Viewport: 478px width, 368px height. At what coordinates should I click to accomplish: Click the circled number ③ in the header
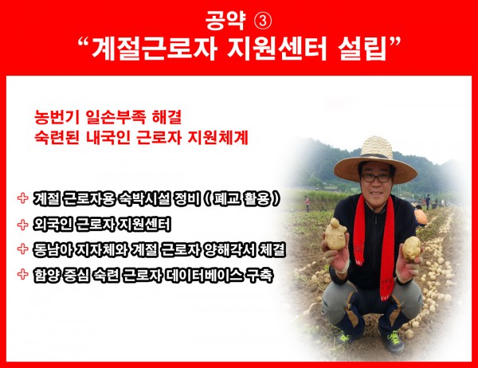(x=262, y=22)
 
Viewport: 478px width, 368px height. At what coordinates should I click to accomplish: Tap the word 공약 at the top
(x=225, y=21)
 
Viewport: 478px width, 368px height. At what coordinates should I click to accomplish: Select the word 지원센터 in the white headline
(x=276, y=49)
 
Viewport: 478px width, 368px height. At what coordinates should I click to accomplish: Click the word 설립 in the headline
(x=362, y=49)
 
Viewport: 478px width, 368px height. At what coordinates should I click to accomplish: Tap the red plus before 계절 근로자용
(x=23, y=198)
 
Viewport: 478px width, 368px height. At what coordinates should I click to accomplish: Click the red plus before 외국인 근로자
(x=23, y=225)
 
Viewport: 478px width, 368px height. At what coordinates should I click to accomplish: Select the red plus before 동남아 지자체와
(x=23, y=249)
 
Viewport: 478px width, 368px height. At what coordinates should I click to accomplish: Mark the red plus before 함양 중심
(x=23, y=274)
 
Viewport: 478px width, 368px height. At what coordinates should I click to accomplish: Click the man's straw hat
(x=375, y=162)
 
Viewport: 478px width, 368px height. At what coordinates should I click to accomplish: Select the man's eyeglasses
(x=376, y=178)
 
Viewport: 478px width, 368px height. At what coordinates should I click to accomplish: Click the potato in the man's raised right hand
(x=335, y=234)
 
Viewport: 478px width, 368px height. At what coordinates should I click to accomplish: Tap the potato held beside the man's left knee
(x=411, y=249)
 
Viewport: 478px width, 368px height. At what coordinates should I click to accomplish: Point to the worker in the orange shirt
(x=420, y=216)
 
